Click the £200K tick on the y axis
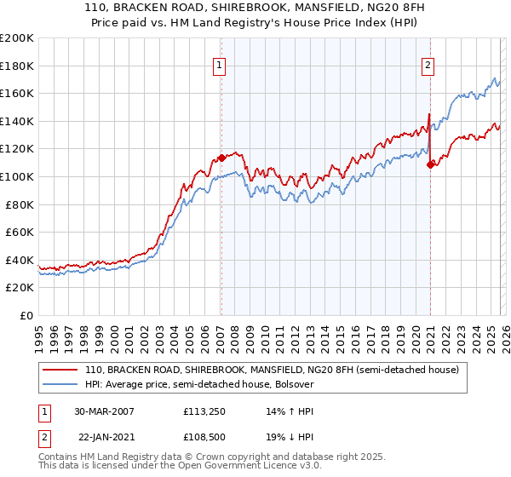tap(17, 38)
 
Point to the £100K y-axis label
tap(17, 176)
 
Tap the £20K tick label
tap(20, 288)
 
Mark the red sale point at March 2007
tap(221, 158)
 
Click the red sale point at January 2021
tap(430, 164)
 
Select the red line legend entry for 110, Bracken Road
tap(272, 370)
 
